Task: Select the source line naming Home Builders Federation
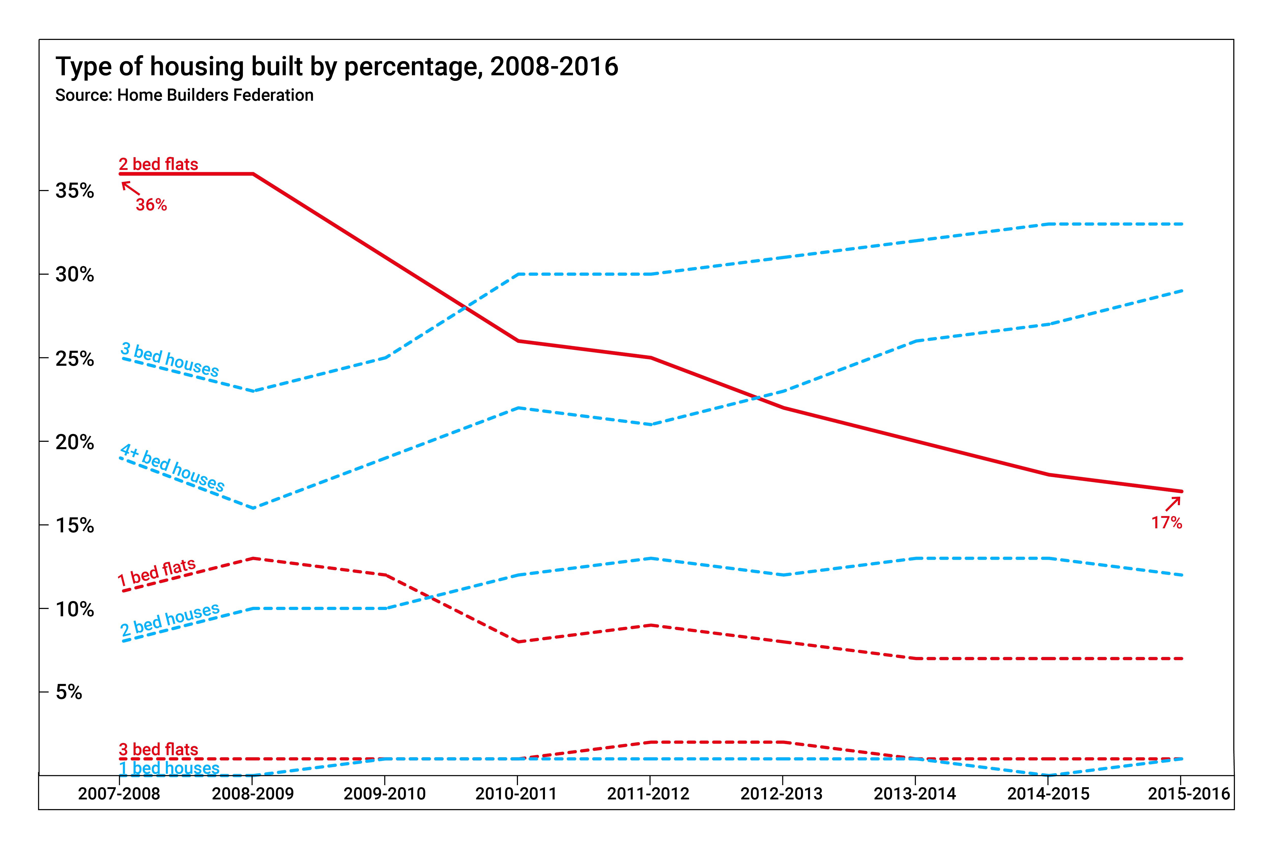coord(184,95)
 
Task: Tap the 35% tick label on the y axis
coord(75,191)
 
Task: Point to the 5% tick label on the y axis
coord(69,692)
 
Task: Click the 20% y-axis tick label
coord(75,442)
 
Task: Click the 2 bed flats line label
coord(158,164)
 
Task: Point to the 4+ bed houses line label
coord(172,468)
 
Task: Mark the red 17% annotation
coord(1166,522)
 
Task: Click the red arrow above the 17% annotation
coord(1173,504)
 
